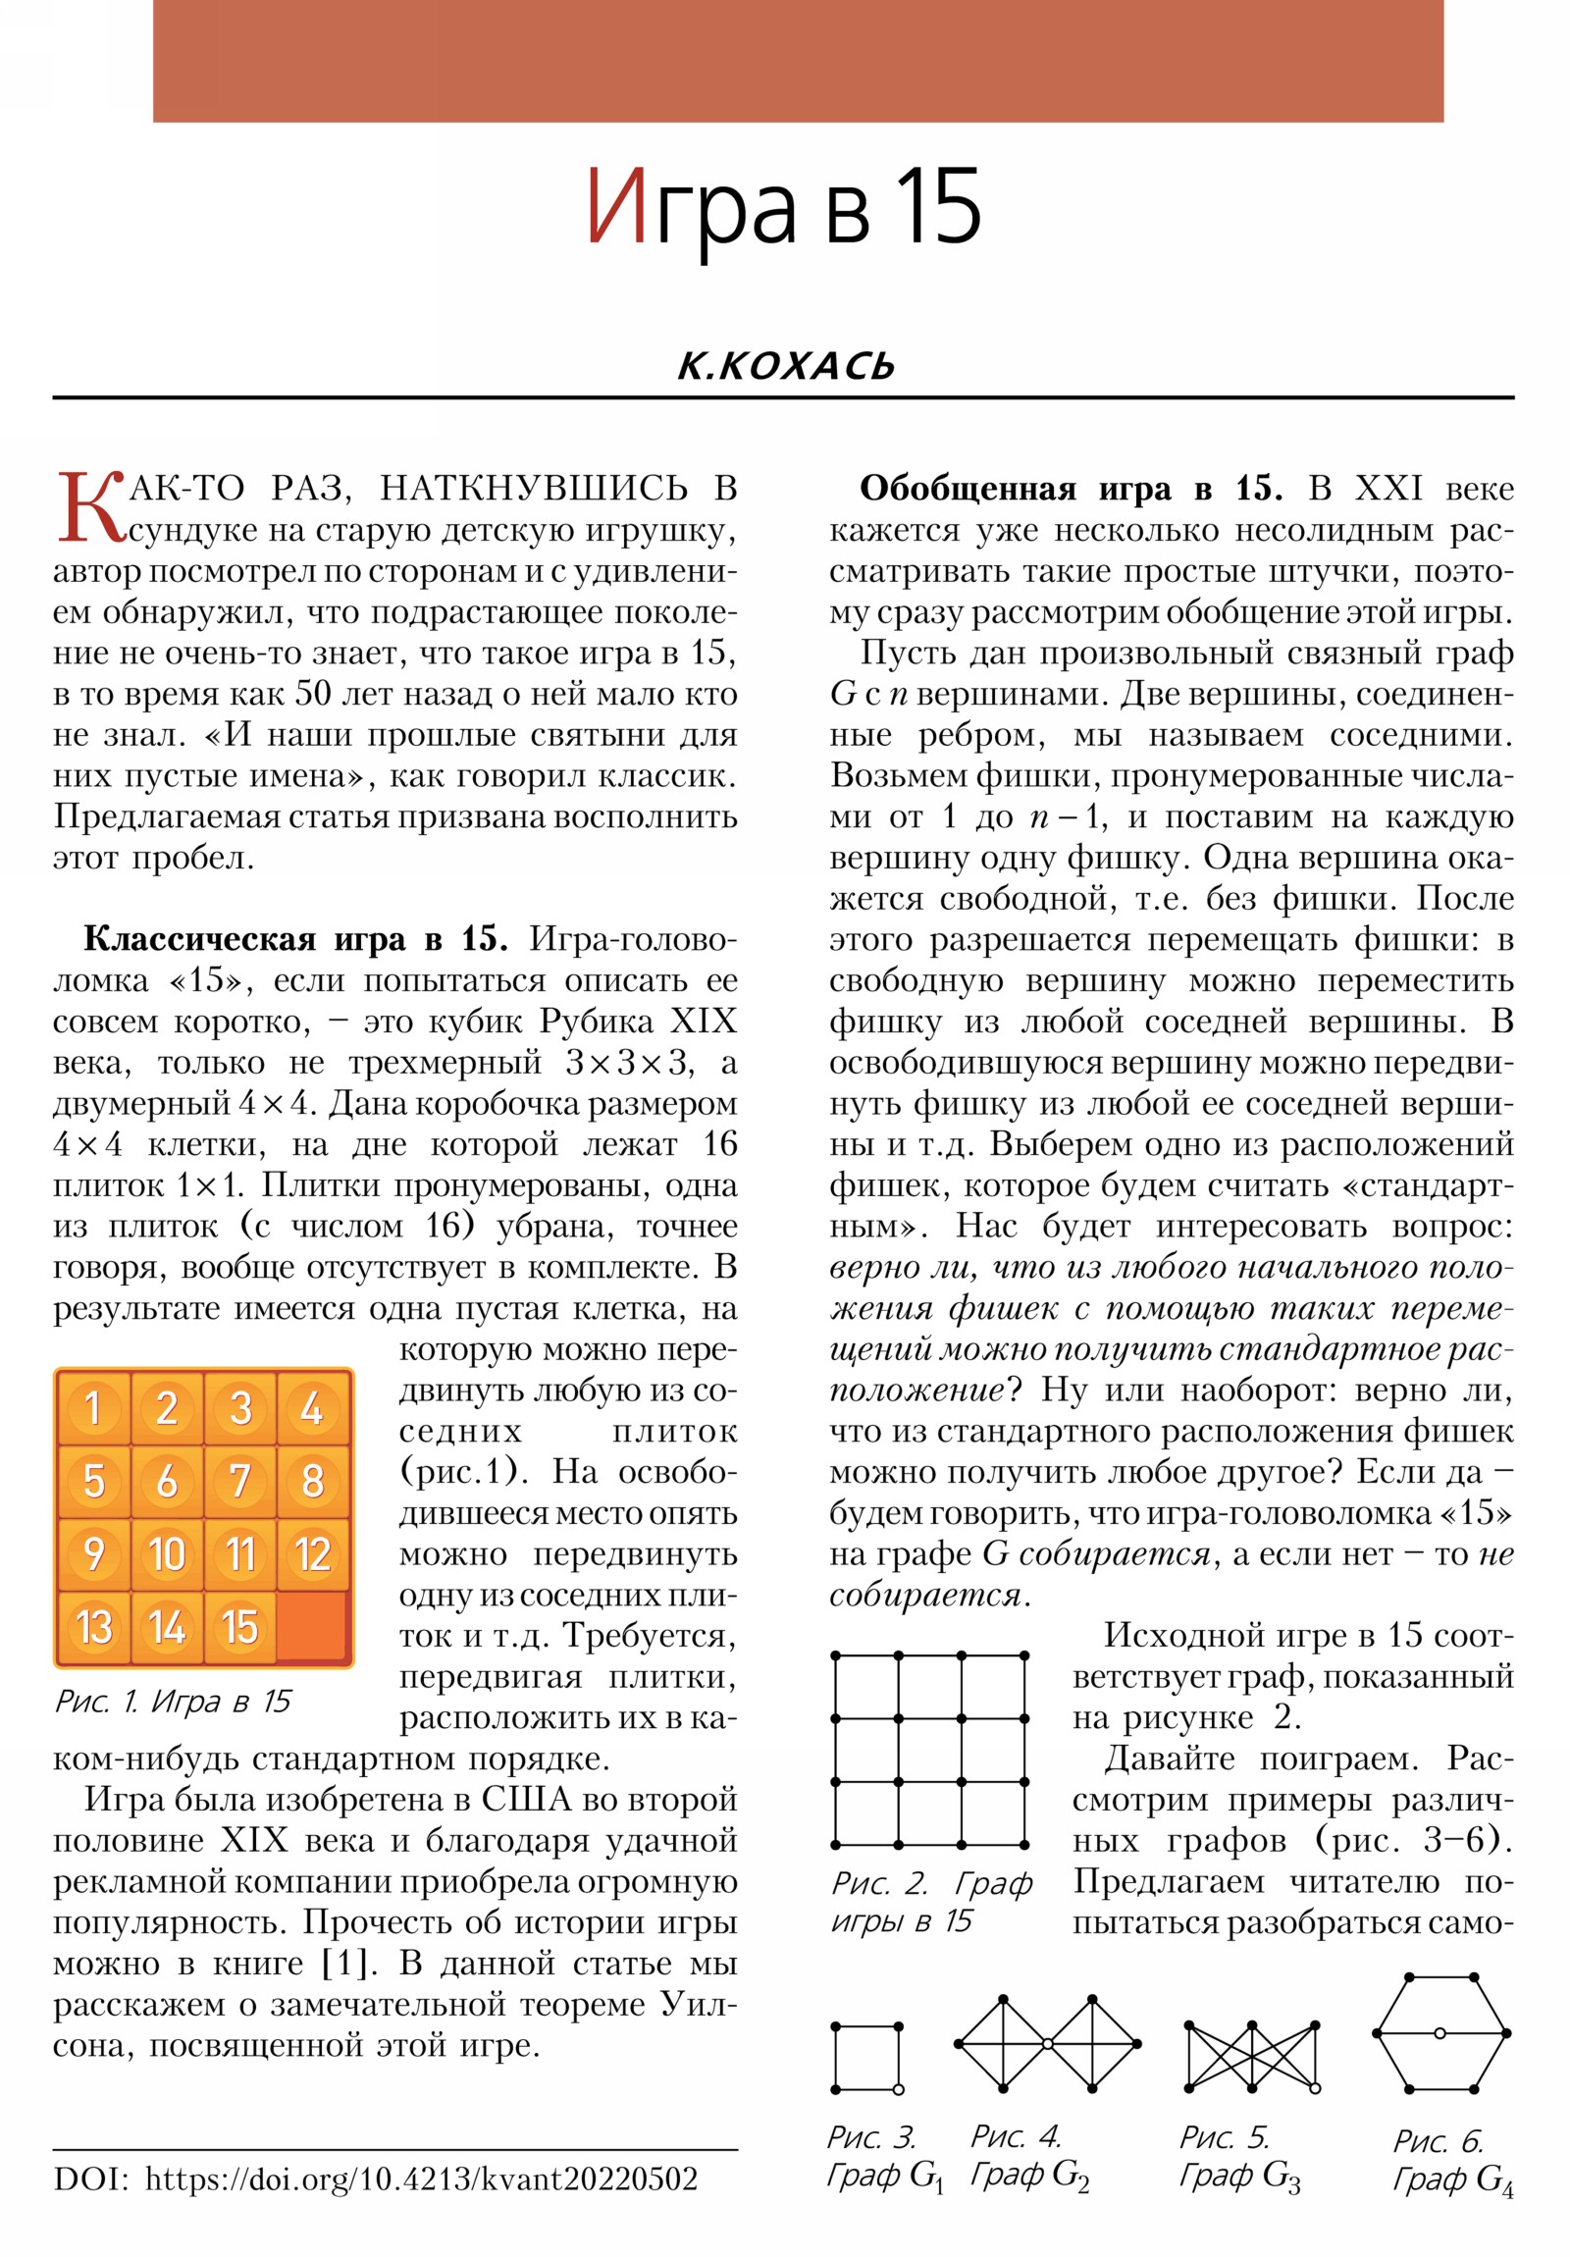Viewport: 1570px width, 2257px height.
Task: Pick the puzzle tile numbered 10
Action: pos(167,1554)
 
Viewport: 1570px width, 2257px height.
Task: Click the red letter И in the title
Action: pos(616,206)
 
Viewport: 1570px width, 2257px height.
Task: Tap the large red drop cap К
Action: pos(89,507)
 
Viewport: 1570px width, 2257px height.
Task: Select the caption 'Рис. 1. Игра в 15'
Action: pos(174,1702)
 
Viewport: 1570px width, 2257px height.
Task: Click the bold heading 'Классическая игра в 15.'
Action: pos(295,940)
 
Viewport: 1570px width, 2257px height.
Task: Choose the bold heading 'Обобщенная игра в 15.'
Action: pos(1071,489)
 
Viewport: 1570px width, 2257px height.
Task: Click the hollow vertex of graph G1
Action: pos(898,2089)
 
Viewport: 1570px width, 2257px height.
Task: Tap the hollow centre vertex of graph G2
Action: pos(1047,2044)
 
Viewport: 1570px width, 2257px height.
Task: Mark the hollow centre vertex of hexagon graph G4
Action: pos(1439,2032)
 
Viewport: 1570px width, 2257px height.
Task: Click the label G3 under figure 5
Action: pos(1281,2177)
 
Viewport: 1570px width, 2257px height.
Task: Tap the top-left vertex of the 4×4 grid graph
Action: pos(836,1655)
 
